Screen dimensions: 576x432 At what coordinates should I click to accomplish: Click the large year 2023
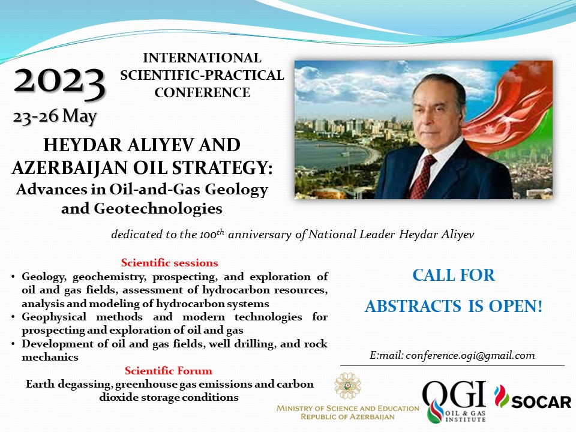[x=60, y=83]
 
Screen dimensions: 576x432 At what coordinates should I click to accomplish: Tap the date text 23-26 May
[x=55, y=117]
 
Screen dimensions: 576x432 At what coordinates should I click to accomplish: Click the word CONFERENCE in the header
[x=202, y=92]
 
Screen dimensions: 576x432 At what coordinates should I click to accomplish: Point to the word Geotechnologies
[x=158, y=209]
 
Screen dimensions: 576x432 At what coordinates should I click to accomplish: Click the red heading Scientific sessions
[x=169, y=263]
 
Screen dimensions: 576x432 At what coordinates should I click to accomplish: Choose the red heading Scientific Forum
[x=168, y=371]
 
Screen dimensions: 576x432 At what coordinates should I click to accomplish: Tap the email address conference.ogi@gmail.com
[x=470, y=356]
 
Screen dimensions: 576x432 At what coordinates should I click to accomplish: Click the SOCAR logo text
[x=541, y=402]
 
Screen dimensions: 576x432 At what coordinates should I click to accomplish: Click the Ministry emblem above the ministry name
[x=347, y=386]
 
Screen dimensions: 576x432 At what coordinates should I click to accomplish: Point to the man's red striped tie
[x=422, y=177]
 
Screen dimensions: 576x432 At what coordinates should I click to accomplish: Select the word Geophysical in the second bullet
[x=54, y=317]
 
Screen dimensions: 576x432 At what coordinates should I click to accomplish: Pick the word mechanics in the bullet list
[x=50, y=357]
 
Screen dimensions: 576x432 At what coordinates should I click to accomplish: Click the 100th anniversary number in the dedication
[x=212, y=234]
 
